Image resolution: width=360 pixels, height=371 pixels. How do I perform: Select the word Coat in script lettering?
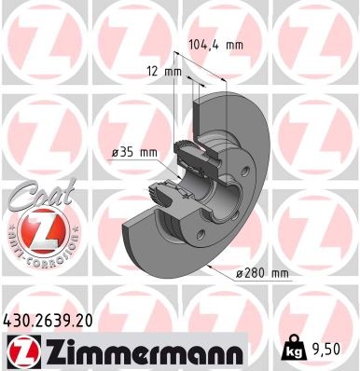35,196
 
